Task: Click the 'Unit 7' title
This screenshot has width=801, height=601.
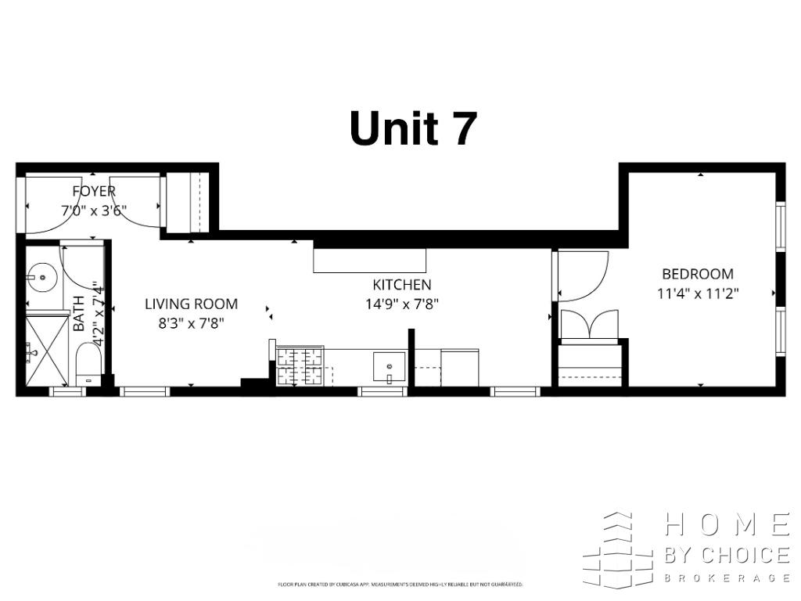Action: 412,128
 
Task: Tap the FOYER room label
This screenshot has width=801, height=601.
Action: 94,191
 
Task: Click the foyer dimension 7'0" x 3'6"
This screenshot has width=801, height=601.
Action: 94,210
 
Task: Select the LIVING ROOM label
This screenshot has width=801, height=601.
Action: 191,304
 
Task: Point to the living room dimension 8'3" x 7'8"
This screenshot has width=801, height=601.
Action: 191,323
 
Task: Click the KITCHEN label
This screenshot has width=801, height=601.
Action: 401,285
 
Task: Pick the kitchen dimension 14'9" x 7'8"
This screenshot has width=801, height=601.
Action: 401,304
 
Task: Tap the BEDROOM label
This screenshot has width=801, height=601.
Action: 698,274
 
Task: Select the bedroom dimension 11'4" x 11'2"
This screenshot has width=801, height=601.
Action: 698,293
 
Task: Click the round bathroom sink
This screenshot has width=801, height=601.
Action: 40,275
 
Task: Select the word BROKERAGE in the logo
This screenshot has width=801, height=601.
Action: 727,578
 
